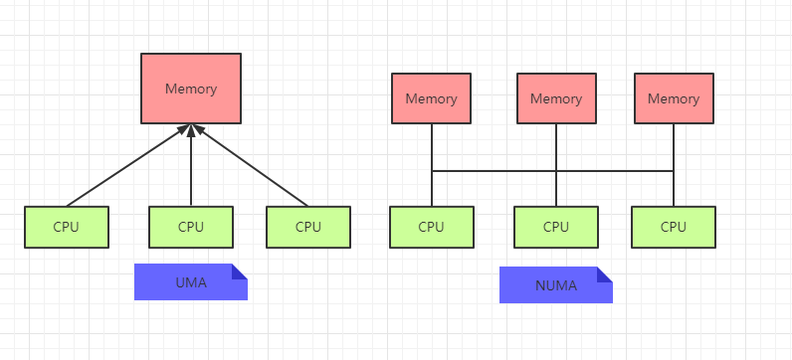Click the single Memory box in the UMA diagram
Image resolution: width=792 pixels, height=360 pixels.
click(191, 89)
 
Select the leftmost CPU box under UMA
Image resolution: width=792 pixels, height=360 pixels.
click(67, 227)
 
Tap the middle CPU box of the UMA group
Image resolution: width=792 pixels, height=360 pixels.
click(191, 227)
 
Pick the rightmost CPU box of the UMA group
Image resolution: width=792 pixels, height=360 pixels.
click(308, 227)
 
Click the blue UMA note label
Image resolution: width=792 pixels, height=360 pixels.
click(191, 281)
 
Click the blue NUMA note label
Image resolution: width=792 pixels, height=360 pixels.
click(556, 284)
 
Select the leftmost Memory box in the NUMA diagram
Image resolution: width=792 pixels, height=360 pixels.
click(432, 98)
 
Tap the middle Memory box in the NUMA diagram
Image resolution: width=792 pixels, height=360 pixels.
click(556, 98)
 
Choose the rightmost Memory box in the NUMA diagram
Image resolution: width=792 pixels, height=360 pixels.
click(674, 98)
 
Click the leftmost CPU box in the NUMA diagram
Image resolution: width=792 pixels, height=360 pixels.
click(432, 227)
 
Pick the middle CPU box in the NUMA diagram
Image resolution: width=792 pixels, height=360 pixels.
click(556, 227)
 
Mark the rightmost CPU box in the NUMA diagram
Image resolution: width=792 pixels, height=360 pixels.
click(674, 227)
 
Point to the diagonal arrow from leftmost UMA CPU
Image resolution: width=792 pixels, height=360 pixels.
click(127, 166)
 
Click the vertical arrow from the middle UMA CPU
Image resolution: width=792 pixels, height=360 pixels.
click(191, 165)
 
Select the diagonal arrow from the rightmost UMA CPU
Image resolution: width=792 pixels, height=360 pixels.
click(251, 166)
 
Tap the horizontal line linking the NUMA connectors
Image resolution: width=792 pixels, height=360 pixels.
click(552, 171)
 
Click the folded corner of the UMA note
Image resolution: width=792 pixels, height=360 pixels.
click(240, 271)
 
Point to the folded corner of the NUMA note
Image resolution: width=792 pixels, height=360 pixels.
click(605, 274)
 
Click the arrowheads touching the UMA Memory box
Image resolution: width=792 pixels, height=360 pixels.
click(191, 129)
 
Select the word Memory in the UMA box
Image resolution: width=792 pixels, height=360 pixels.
click(191, 89)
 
